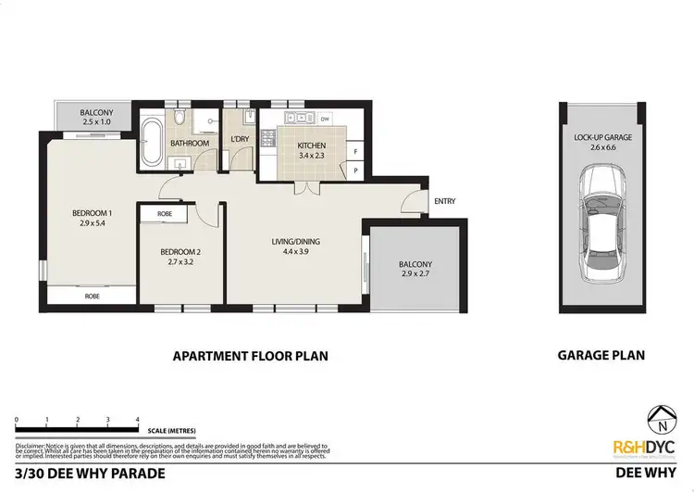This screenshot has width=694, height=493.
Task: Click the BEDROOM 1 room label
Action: pyautogui.click(x=91, y=214)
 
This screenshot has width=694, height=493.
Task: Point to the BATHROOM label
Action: pyautogui.click(x=190, y=143)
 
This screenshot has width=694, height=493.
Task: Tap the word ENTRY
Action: pyautogui.click(x=444, y=201)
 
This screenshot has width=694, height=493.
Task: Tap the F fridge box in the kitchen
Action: pyautogui.click(x=355, y=152)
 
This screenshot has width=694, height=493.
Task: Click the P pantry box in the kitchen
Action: pyautogui.click(x=355, y=171)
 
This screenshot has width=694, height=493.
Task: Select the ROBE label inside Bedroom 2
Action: pyautogui.click(x=164, y=213)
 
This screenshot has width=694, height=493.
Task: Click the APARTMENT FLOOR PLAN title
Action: pyautogui.click(x=252, y=354)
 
